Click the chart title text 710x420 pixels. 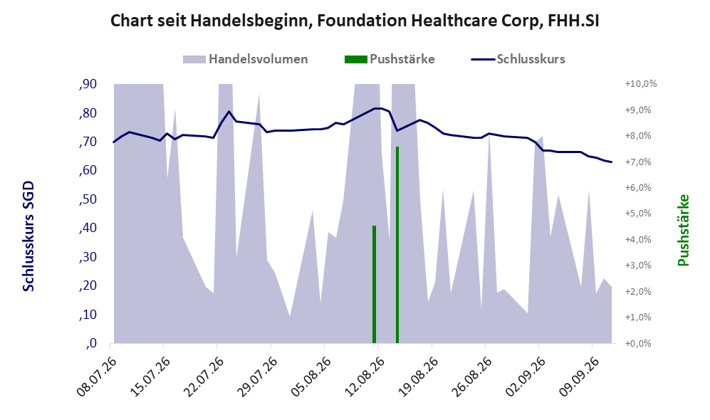coord(355,21)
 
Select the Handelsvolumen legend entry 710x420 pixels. coord(245,59)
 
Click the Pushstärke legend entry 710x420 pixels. coord(390,59)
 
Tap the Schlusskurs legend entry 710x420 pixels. coord(518,59)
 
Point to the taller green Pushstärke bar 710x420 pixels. coord(397,245)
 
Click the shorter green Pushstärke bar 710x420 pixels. coord(374,284)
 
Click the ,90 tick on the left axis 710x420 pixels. coord(88,84)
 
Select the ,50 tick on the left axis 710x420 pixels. coord(88,199)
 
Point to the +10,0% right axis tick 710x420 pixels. coord(640,84)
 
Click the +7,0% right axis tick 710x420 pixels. coord(638,162)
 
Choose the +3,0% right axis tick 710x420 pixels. coord(638,266)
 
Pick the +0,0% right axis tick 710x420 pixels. coord(638,344)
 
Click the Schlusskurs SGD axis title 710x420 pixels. coord(28,236)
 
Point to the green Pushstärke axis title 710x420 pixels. coord(683,231)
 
